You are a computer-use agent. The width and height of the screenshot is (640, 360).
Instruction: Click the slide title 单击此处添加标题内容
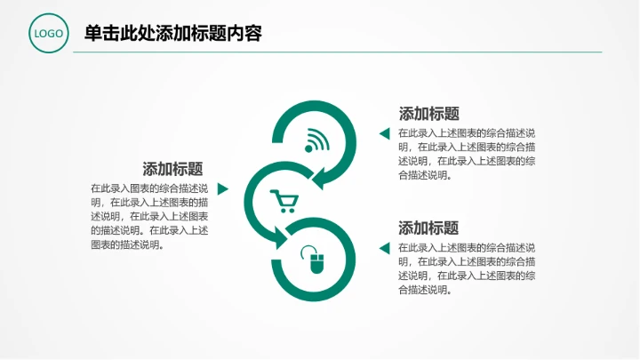(x=172, y=34)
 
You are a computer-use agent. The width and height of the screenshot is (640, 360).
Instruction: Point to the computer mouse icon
(x=316, y=260)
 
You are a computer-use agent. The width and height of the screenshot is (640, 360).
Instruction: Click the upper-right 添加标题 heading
(x=428, y=114)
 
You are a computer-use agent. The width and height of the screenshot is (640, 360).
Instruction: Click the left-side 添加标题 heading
(x=172, y=169)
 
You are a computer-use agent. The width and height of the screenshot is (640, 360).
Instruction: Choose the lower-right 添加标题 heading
(x=428, y=228)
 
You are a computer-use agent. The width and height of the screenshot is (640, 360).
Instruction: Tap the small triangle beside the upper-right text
(x=384, y=134)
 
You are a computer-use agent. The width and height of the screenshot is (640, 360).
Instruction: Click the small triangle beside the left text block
(x=223, y=189)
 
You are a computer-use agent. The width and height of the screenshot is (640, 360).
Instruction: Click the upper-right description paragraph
(x=467, y=154)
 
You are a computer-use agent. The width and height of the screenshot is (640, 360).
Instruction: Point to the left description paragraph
(x=149, y=216)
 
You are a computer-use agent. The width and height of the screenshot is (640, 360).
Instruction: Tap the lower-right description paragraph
(x=467, y=268)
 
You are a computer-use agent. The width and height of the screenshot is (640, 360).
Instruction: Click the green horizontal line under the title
(x=338, y=52)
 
